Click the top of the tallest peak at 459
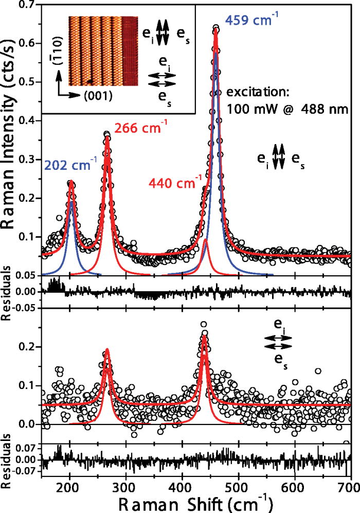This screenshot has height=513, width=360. coord(215,29)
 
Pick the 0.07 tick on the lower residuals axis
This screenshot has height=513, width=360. coord(26,449)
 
